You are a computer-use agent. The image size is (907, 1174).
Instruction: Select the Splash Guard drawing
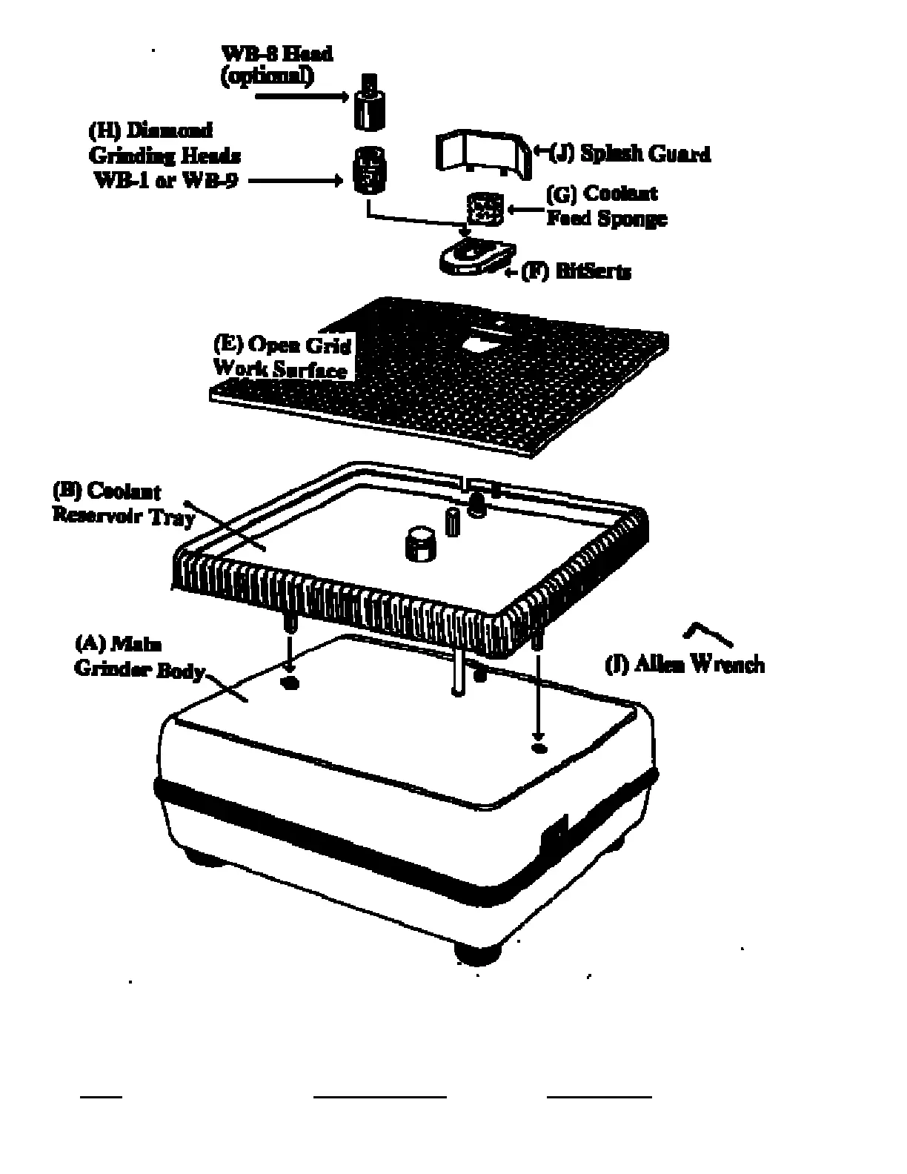click(x=483, y=153)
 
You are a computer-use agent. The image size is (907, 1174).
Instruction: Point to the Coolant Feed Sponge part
click(x=485, y=208)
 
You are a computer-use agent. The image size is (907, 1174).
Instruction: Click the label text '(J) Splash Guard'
click(x=630, y=153)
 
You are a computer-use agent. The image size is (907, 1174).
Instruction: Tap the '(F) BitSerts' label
click(x=577, y=272)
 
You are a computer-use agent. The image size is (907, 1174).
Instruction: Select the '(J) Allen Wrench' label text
click(x=685, y=663)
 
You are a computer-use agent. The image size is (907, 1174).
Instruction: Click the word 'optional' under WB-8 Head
click(x=268, y=76)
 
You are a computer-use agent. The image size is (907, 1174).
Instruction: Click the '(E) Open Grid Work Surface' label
click(x=282, y=356)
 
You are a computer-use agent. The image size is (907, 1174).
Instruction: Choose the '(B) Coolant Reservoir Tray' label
click(x=122, y=503)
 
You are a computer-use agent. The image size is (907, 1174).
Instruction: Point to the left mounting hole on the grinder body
click(x=290, y=683)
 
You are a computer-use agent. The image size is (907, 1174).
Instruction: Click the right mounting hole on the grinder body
click(x=540, y=748)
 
